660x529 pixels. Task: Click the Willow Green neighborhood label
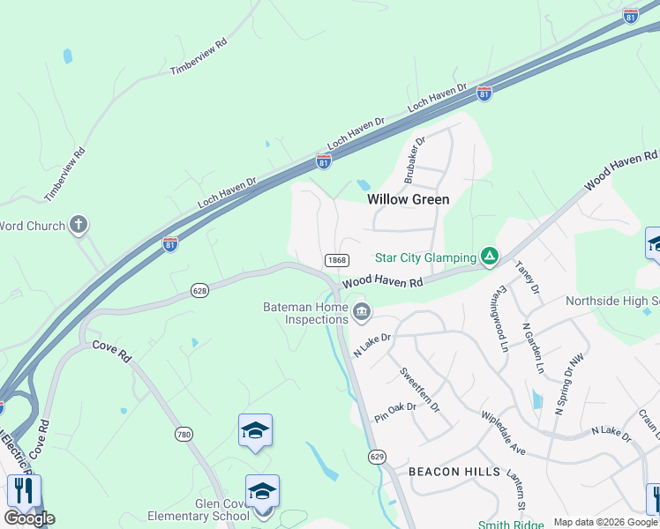(408, 199)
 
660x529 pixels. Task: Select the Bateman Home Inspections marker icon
(362, 312)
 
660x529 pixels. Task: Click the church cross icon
(79, 225)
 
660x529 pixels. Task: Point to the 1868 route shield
(336, 260)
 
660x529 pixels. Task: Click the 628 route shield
(199, 289)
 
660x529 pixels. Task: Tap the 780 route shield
(184, 434)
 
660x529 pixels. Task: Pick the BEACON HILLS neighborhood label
(454, 472)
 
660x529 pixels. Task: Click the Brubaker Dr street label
(415, 160)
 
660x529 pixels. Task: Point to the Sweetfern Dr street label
(419, 384)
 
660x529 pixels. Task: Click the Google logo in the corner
(29, 518)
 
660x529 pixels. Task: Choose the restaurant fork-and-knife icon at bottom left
(24, 490)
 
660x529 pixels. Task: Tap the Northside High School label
(612, 301)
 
